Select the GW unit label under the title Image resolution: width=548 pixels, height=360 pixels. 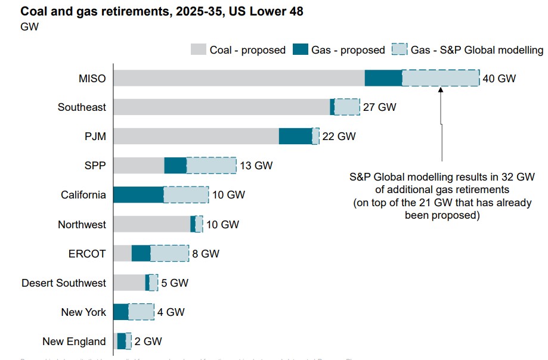(30, 27)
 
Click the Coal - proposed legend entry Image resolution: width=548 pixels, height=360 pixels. (239, 50)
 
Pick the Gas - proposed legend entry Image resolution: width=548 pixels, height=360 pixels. (339, 50)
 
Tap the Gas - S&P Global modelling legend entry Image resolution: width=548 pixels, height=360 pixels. (468, 50)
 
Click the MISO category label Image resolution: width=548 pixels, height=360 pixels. (92, 78)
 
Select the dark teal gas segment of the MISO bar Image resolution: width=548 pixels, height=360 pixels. (383, 78)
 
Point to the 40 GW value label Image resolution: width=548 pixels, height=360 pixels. (499, 78)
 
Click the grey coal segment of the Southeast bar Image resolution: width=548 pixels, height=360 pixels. (221, 107)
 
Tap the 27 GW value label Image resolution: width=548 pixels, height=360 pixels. (379, 107)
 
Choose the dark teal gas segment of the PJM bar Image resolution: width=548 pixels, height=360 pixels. (295, 136)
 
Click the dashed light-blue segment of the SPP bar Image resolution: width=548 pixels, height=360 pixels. (211, 166)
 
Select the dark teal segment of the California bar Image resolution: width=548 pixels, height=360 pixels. (138, 195)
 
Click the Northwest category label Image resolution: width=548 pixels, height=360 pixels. (82, 225)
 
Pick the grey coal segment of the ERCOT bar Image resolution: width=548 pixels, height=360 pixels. (122, 253)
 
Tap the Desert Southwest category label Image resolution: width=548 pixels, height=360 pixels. (64, 283)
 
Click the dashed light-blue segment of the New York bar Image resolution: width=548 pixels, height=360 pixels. (141, 312)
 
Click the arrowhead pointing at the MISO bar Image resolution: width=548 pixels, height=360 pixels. (441, 90)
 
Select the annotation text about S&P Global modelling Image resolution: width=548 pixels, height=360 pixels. (441, 197)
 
